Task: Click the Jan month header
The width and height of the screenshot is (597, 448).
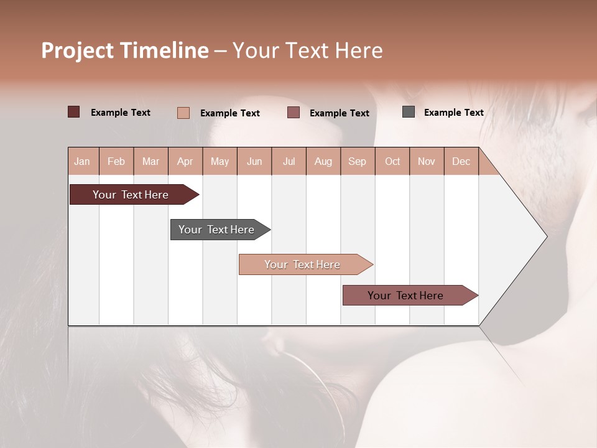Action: [x=82, y=161]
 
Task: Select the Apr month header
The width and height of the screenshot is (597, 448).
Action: [x=185, y=161]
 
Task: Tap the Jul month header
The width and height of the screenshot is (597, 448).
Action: [x=289, y=161]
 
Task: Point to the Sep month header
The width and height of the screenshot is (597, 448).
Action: [x=357, y=161]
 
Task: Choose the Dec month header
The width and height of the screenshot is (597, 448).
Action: [x=461, y=161]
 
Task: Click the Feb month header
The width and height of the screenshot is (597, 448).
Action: [x=116, y=161]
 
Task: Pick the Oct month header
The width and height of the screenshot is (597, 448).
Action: [x=392, y=161]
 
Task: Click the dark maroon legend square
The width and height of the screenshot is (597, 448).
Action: [x=74, y=112]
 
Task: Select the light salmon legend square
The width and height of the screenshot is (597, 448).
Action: [x=183, y=113]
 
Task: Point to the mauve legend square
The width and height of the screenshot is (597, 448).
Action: [x=294, y=113]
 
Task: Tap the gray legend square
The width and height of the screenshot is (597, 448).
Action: [x=409, y=112]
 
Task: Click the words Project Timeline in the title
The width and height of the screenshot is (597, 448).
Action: [x=125, y=50]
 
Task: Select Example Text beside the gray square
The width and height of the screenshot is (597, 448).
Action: [x=453, y=113]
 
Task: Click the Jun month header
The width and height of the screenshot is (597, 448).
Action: [x=254, y=161]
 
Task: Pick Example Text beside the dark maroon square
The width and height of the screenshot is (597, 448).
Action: [x=121, y=113]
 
